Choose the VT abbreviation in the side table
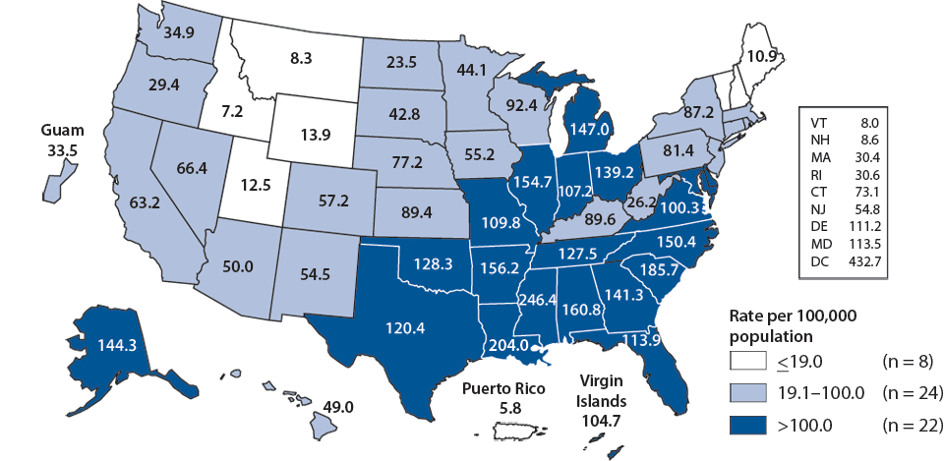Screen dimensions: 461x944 pos(818,121)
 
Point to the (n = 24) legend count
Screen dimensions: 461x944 pos(911,393)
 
